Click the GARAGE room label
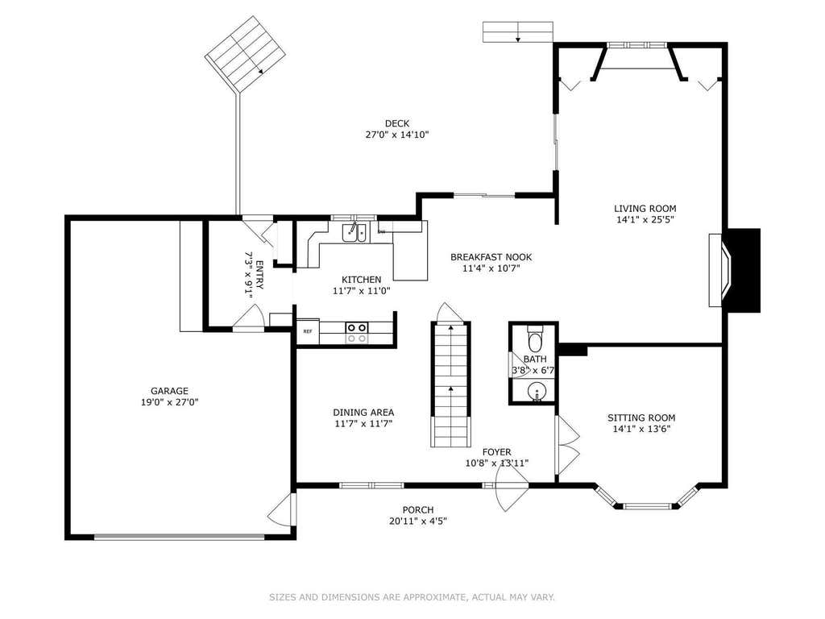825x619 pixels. [169, 391]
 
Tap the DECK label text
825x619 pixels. [397, 123]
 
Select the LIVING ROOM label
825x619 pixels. [645, 209]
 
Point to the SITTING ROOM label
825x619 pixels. [641, 418]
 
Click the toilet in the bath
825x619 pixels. [535, 339]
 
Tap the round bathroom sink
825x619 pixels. [536, 393]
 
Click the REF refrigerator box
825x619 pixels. [308, 331]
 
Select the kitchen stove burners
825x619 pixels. [356, 333]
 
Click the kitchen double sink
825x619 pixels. [355, 232]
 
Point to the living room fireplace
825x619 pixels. [734, 270]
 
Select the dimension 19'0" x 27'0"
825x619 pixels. [169, 402]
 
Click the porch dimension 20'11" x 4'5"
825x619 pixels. [418, 521]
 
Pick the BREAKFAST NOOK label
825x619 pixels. [491, 257]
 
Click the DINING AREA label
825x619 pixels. [363, 413]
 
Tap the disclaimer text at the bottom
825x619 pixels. [412, 597]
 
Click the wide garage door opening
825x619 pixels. [180, 537]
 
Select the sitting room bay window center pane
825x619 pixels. [649, 506]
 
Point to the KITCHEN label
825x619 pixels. [362, 280]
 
